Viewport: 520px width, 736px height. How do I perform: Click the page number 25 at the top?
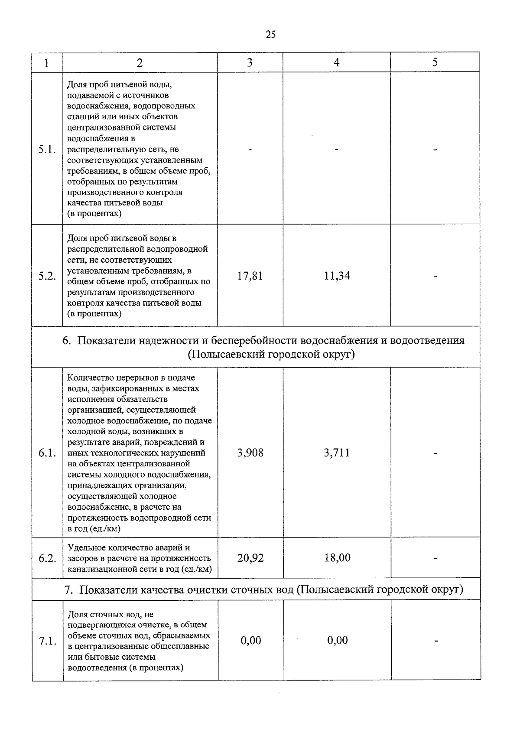pos(270,35)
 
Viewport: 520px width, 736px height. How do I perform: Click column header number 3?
pos(250,62)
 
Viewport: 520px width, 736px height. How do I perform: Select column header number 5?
pos(435,62)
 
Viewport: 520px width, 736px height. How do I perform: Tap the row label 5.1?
pos(47,150)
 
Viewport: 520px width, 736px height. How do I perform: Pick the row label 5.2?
pos(47,276)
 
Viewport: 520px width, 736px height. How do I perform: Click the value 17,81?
pos(250,276)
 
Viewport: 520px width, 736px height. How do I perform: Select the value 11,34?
pos(337,276)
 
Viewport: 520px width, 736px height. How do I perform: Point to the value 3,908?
pos(250,453)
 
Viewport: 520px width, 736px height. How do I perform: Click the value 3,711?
pos(337,453)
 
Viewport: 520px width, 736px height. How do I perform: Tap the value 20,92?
pos(250,557)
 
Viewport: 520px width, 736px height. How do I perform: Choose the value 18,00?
pos(337,557)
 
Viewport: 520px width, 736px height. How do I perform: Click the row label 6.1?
pos(47,453)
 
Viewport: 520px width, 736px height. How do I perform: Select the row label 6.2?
pos(47,558)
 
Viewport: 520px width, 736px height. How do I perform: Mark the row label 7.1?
pos(47,641)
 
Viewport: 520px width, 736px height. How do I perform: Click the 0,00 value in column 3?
pos(250,640)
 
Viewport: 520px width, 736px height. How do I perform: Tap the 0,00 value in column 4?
pos(337,640)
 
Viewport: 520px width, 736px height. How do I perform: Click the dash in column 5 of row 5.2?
pos(435,276)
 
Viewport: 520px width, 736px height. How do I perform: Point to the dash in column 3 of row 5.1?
pos(250,150)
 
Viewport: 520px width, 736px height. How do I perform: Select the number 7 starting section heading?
pos(67,589)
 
